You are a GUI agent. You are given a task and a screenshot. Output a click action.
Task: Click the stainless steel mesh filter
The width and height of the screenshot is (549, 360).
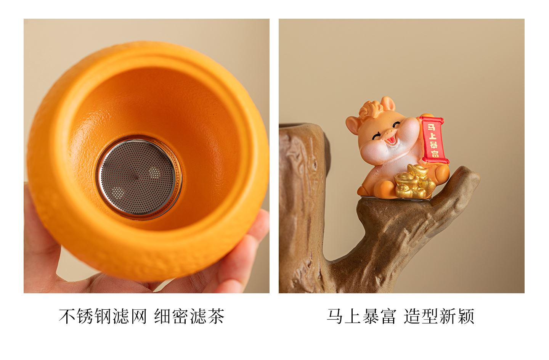tap(138, 177)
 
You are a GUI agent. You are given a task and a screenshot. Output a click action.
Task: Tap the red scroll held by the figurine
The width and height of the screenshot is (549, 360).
tap(433, 140)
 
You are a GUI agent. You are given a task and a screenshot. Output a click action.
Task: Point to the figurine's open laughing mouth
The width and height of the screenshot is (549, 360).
tap(392, 141)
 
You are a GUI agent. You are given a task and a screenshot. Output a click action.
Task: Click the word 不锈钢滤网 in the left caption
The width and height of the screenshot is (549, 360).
tap(103, 317)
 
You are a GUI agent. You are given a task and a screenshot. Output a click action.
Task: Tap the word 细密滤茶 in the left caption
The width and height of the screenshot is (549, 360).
tap(189, 317)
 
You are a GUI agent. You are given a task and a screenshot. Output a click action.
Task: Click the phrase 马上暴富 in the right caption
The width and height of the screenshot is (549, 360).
tap(361, 317)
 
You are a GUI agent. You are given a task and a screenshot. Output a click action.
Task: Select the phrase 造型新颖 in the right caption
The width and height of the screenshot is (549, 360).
tap(439, 317)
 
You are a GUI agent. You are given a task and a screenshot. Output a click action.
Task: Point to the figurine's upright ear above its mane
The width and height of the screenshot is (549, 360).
tap(388, 103)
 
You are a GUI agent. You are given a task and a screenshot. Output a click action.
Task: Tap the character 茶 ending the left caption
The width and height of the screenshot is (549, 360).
tap(216, 317)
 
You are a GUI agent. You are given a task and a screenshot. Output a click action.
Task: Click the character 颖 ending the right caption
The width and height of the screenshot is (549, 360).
tap(466, 317)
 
